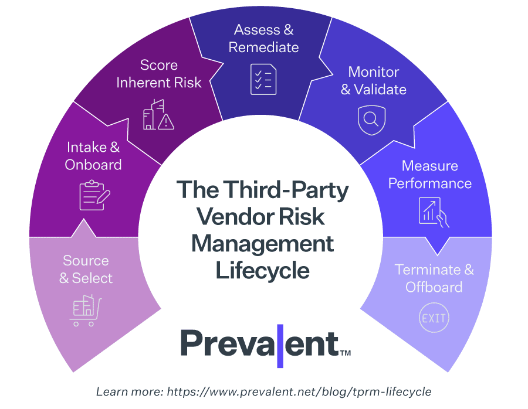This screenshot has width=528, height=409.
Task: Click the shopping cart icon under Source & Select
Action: coord(86,311)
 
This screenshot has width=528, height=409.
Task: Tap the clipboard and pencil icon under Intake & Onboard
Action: coord(94,195)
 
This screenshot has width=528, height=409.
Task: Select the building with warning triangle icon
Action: coord(158,114)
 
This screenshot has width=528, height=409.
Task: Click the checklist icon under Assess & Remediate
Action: coord(263,79)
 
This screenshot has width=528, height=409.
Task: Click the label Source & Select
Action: coord(86,269)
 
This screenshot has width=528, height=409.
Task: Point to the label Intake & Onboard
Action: coord(93,156)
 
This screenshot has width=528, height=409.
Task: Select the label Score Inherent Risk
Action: coord(158,74)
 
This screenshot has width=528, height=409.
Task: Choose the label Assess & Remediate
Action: coord(263,38)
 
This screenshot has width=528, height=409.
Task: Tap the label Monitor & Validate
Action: coord(373,80)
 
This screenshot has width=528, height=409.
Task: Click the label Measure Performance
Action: coord(430,175)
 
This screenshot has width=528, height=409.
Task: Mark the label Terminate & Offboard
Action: coord(434,278)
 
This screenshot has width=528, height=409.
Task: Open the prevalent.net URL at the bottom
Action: coord(299,391)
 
